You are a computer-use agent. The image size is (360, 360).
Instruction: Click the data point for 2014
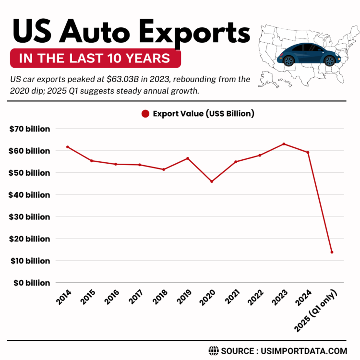point(68,147)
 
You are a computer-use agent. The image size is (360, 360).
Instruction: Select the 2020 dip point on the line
point(212,181)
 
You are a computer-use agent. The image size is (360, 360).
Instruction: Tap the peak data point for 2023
point(284,144)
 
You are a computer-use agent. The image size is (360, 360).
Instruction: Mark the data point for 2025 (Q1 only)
point(332,252)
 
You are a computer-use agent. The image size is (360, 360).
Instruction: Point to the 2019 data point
point(188,158)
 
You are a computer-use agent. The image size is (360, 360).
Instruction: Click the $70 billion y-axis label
point(29,129)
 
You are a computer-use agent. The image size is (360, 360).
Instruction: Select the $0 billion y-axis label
point(31,283)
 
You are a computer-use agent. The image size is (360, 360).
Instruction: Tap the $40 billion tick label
point(29,195)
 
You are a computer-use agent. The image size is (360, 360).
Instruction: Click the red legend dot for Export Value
point(145,114)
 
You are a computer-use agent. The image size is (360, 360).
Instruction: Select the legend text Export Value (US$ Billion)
point(204,114)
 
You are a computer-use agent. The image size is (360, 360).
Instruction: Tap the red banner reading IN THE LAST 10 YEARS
point(95,58)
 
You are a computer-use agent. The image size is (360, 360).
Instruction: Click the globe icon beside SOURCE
point(213,350)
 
